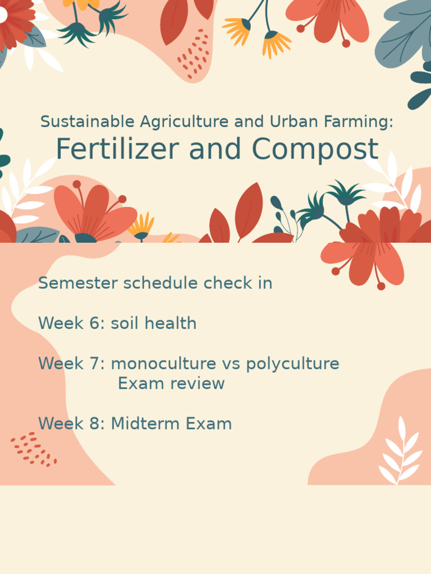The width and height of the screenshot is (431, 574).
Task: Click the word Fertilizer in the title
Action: point(117,150)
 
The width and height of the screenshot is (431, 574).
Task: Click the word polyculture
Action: point(292,364)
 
